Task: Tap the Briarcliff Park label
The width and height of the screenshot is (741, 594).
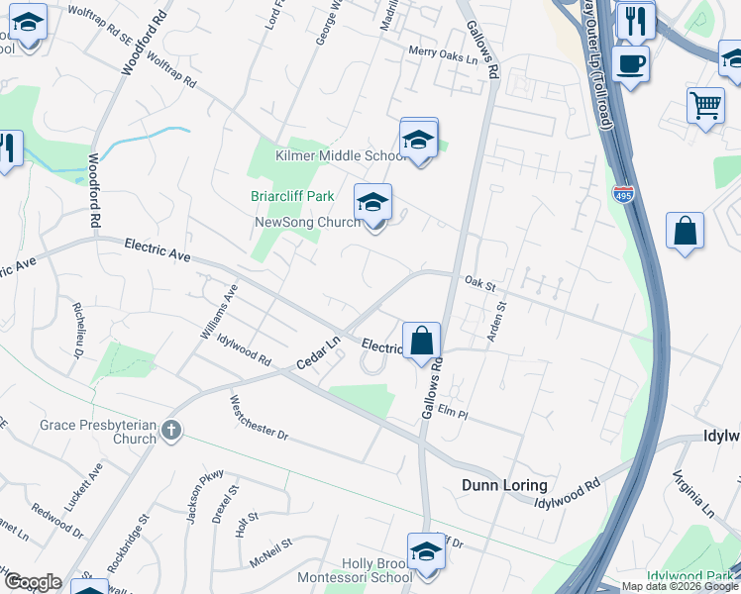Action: point(292,196)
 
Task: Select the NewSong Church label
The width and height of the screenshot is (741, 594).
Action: point(307,222)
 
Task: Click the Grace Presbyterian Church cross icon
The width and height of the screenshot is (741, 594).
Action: point(171,430)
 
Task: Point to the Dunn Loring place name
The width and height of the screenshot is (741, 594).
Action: point(504,485)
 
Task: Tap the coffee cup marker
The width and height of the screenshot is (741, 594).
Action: point(630,66)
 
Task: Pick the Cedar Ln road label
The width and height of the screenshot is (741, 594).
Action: point(319,353)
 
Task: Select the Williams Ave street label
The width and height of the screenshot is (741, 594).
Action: point(219,312)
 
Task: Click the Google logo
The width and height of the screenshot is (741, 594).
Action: point(32,582)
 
